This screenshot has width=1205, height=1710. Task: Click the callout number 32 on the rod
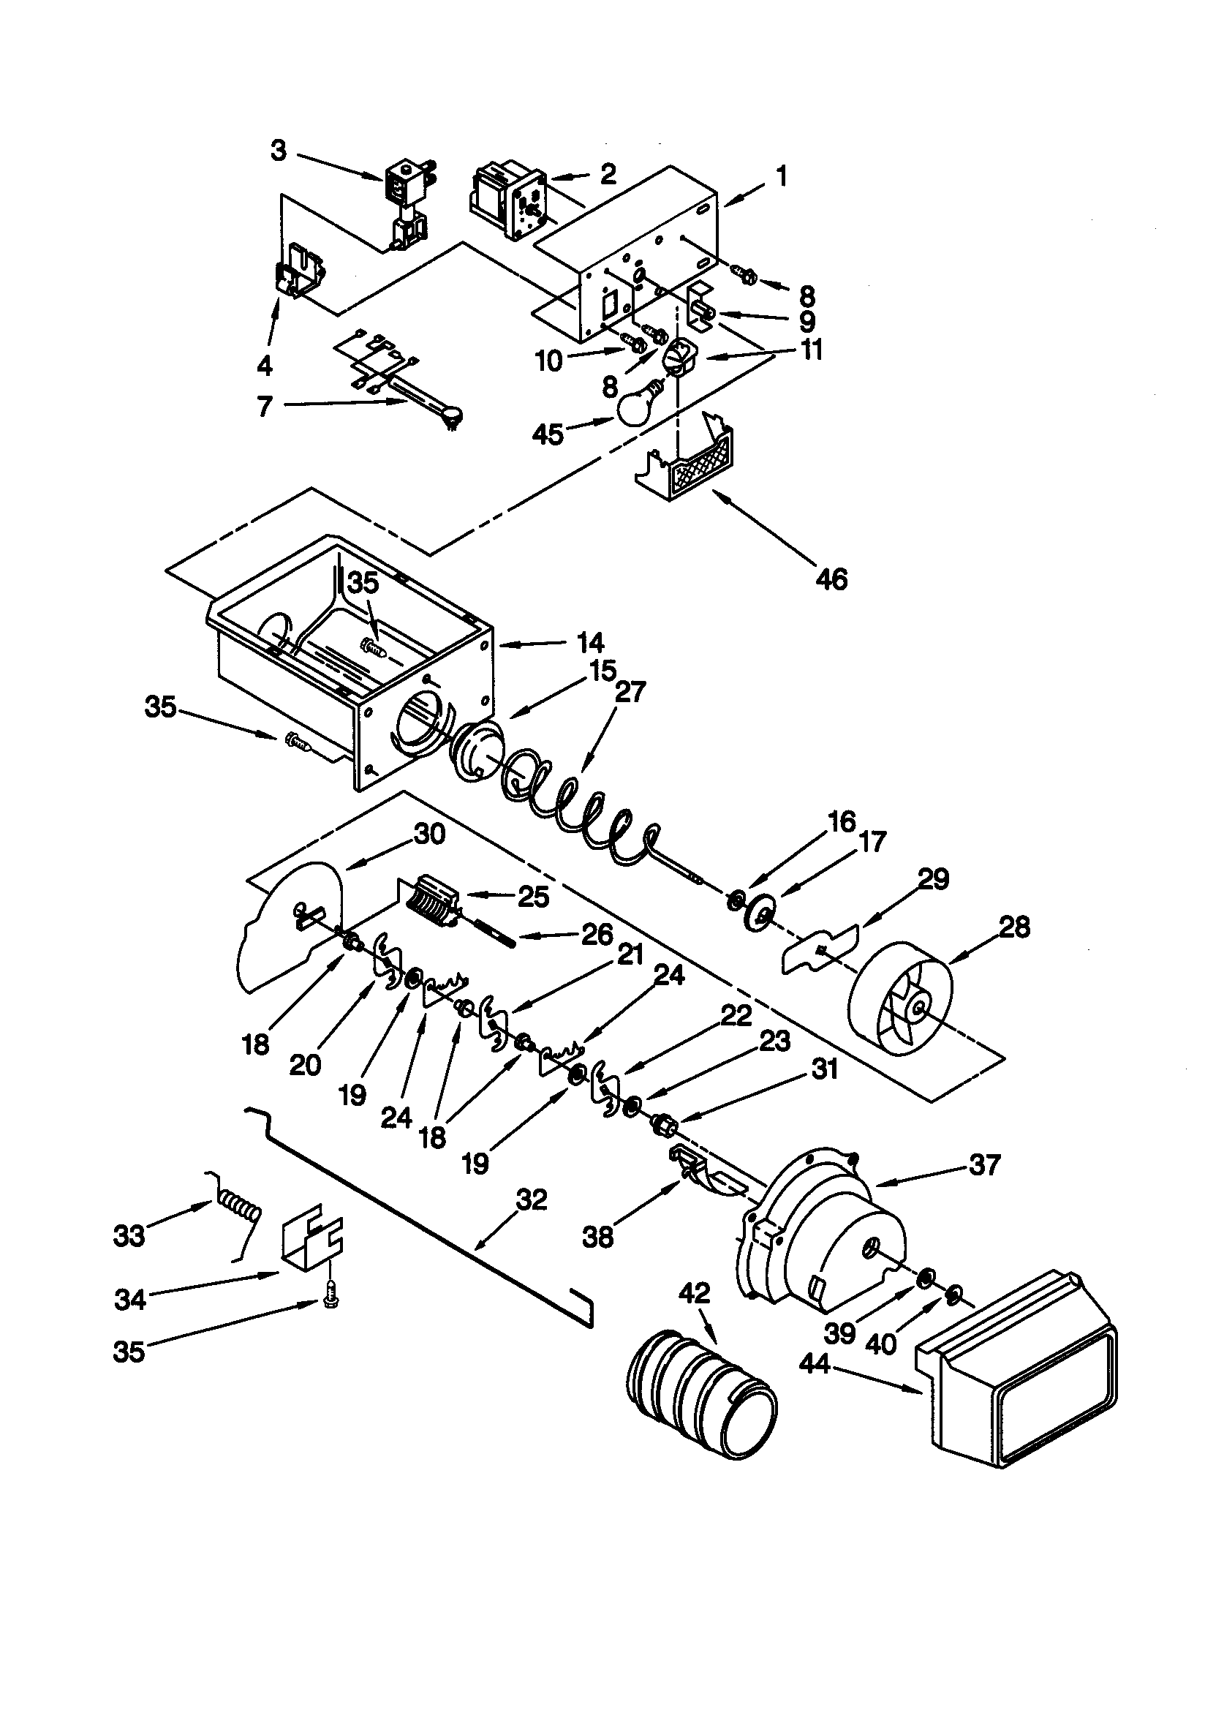pos(531,1199)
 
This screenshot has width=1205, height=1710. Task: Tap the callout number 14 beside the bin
pos(590,643)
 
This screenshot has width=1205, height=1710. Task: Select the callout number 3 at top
pos(278,151)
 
